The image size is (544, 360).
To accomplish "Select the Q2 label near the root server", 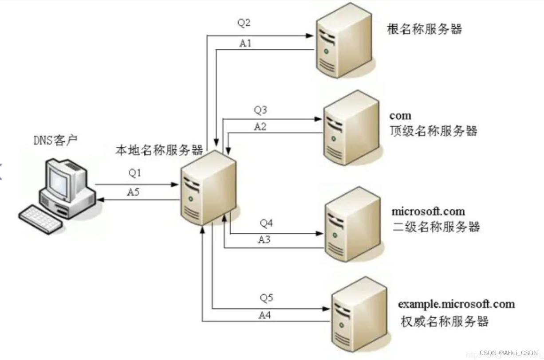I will tap(244, 23).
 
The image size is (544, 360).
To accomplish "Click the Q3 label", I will tap(260, 109).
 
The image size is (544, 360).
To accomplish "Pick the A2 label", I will tap(260, 126).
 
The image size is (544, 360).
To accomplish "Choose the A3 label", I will tap(265, 240).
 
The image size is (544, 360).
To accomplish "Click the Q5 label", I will tap(266, 297).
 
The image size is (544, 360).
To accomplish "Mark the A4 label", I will tap(265, 315).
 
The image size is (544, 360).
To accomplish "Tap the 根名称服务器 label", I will tap(424, 29).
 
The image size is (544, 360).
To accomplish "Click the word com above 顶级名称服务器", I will tap(400, 116).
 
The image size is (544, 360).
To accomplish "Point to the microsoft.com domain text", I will tap(428, 211).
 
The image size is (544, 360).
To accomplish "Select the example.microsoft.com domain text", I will tap(456, 304).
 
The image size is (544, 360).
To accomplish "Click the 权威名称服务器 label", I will tap(444, 321).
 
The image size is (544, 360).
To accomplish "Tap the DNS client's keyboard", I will tap(41, 220).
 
